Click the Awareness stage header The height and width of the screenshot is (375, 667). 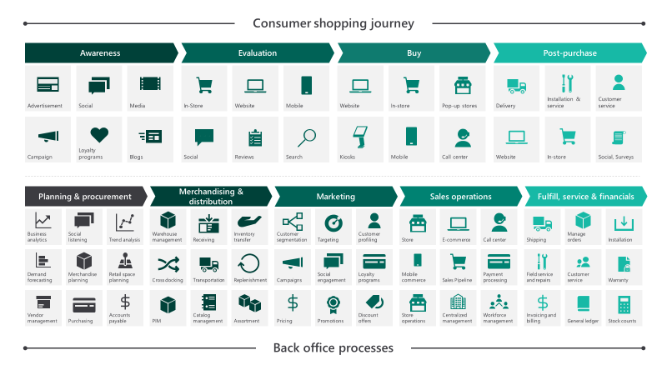[x=100, y=53]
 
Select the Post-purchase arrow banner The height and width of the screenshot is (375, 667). [x=570, y=53]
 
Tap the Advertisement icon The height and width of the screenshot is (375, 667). [x=48, y=85]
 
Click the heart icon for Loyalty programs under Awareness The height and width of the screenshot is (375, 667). [x=99, y=135]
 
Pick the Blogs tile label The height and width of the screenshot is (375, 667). [x=136, y=157]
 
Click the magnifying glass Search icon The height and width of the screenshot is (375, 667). [x=307, y=137]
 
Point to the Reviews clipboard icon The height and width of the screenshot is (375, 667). [x=255, y=137]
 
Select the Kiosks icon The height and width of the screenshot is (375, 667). [x=360, y=137]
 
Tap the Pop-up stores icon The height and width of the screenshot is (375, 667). [x=463, y=86]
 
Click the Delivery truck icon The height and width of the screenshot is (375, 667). [x=516, y=87]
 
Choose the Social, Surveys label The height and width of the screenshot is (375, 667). [x=615, y=157]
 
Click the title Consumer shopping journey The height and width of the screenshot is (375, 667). [x=333, y=23]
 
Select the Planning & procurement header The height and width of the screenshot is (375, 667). [x=85, y=197]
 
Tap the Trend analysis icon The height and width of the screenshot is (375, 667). [x=125, y=222]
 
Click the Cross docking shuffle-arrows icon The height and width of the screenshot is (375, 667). [x=168, y=264]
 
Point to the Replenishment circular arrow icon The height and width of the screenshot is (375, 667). [x=248, y=263]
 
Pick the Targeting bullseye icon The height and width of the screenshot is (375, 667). [x=333, y=222]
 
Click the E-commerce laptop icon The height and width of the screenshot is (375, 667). [x=458, y=223]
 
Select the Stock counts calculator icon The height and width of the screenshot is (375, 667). [x=624, y=304]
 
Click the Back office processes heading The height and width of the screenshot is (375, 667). [x=333, y=348]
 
